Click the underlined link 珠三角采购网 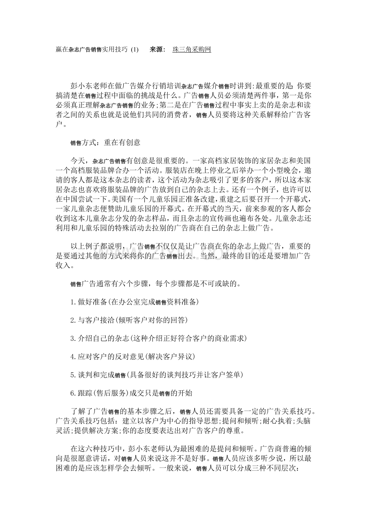pyautogui.click(x=191, y=50)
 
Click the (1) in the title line pyautogui.click(x=134, y=50)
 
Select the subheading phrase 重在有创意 pyautogui.click(x=122, y=142)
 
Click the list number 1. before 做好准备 pyautogui.click(x=73, y=302)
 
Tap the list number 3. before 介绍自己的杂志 pyautogui.click(x=73, y=338)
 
